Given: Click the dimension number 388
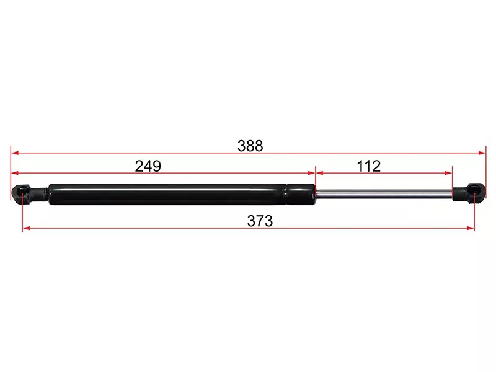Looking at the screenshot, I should [250, 146].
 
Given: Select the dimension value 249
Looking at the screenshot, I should [148, 166].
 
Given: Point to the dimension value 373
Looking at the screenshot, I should [260, 221].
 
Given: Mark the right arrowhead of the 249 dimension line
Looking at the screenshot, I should [312, 173].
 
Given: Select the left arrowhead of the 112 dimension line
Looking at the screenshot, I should [319, 173].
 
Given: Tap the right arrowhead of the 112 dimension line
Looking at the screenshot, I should [449, 173].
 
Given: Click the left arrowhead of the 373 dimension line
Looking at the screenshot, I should [26, 229].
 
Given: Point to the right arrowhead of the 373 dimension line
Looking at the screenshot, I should [471, 229].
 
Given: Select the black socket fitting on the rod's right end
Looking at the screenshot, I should [469, 192].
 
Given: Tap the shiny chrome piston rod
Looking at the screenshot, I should [384, 193].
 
